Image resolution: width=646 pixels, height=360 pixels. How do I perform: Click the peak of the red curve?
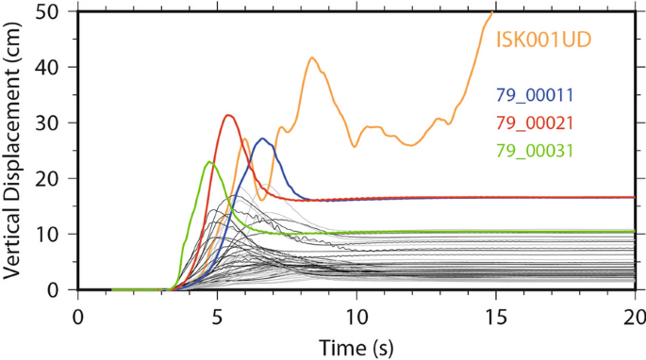(x=228, y=115)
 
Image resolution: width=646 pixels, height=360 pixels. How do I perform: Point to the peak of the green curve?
(x=209, y=162)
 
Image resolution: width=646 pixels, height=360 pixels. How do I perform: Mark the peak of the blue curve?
(x=263, y=139)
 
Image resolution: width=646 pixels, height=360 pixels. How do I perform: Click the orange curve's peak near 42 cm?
(x=311, y=57)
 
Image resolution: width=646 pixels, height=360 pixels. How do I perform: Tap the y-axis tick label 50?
(x=57, y=12)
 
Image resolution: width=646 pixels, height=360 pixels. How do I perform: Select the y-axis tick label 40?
(x=57, y=68)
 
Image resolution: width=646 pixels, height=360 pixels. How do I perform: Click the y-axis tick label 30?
(x=57, y=123)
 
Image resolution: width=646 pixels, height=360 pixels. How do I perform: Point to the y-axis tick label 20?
(x=57, y=178)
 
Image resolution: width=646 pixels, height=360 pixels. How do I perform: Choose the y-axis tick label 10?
(x=57, y=234)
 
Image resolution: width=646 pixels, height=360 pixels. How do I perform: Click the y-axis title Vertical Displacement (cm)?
(x=16, y=151)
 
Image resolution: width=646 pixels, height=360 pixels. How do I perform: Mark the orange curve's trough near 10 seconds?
(x=355, y=146)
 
